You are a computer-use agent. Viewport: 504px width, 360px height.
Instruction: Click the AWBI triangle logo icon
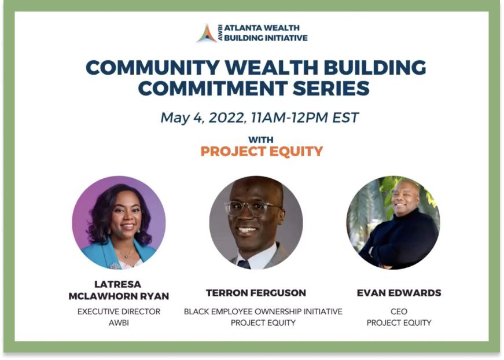click(x=207, y=34)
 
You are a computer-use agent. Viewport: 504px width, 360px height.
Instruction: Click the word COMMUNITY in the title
click(x=153, y=68)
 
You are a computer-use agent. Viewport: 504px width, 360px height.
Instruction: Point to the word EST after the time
click(x=345, y=117)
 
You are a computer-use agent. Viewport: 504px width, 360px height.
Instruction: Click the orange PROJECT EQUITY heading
click(x=262, y=152)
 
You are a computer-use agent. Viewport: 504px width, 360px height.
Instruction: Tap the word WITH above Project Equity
click(x=260, y=140)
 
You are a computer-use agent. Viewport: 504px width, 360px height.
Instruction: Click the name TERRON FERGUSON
click(x=256, y=293)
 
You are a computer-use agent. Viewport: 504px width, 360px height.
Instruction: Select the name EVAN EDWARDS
click(x=399, y=293)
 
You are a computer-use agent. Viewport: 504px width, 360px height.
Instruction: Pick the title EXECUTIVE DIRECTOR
click(x=119, y=311)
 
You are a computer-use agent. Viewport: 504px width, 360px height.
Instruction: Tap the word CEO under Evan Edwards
click(x=399, y=311)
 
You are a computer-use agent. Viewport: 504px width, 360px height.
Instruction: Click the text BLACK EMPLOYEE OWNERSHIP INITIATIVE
click(x=263, y=311)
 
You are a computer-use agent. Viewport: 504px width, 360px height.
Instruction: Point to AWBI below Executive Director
click(x=119, y=323)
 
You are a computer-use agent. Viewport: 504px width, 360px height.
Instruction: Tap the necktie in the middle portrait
click(x=244, y=265)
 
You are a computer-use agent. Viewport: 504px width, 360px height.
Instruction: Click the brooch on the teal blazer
click(x=114, y=266)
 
